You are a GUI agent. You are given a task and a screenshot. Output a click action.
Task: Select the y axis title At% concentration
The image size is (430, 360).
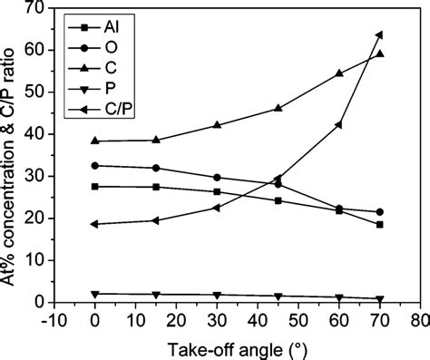[x=12, y=154]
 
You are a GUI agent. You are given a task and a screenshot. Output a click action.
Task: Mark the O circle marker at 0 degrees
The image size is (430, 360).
[x=94, y=166]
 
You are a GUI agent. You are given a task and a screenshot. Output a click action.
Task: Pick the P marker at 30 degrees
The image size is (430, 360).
[x=216, y=296]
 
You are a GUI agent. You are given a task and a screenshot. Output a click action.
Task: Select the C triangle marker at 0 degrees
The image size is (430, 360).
[x=94, y=141]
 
